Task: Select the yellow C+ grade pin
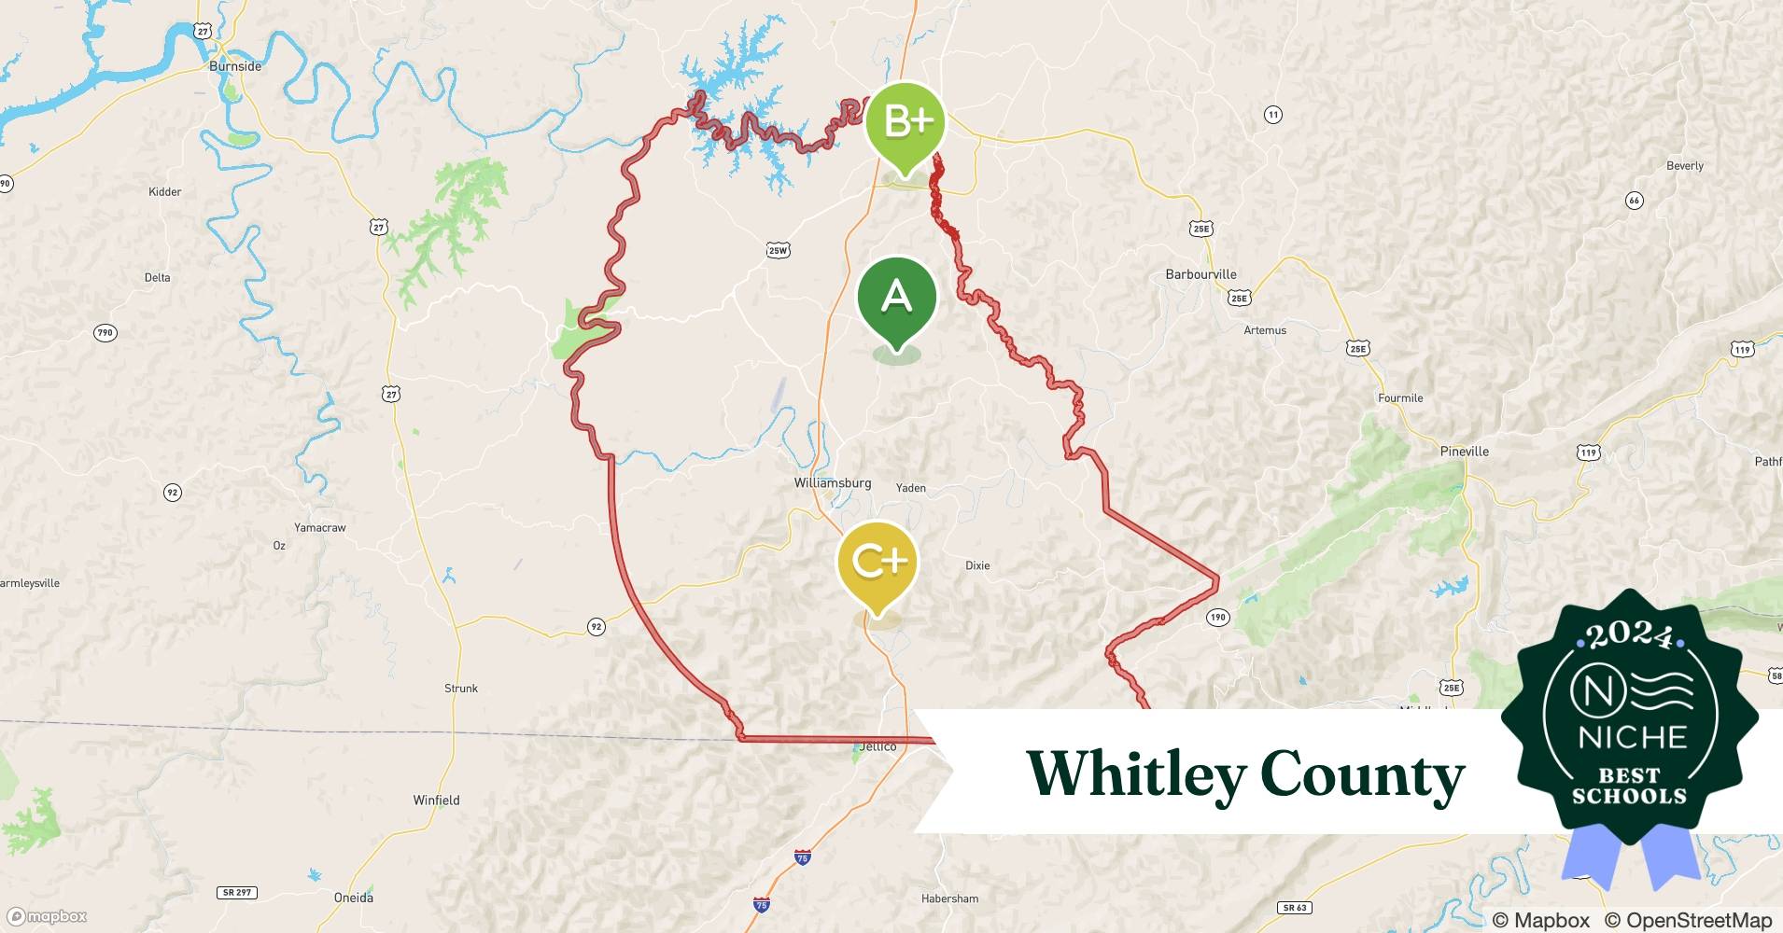point(877,563)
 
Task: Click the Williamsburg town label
point(832,483)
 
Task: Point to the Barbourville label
point(1200,274)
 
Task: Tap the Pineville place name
point(1464,452)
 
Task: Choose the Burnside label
point(235,66)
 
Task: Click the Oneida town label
point(353,898)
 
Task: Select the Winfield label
point(436,800)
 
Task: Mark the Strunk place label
point(460,689)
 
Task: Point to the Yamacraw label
point(319,528)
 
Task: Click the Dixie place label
point(977,565)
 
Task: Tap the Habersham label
point(949,898)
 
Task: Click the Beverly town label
point(1684,166)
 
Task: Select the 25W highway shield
point(778,250)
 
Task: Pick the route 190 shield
point(1217,617)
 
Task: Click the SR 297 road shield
point(237,892)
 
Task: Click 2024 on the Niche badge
point(1629,635)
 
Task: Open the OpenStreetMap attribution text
point(1688,920)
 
